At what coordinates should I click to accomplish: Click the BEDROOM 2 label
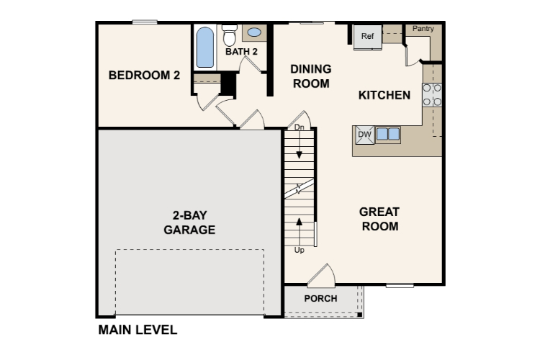pyautogui.click(x=143, y=75)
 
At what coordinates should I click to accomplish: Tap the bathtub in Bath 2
pyautogui.click(x=205, y=47)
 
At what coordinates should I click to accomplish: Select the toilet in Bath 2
pyautogui.click(x=230, y=35)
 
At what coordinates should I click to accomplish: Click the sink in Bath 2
pyautogui.click(x=254, y=32)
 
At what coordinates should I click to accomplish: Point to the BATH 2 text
pyautogui.click(x=241, y=52)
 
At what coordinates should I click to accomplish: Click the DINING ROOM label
pyautogui.click(x=311, y=76)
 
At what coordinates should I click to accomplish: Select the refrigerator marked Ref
pyautogui.click(x=367, y=37)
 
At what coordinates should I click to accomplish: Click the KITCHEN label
pyautogui.click(x=384, y=95)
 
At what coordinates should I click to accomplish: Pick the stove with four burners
pyautogui.click(x=432, y=95)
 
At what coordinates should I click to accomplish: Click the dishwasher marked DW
pyautogui.click(x=364, y=134)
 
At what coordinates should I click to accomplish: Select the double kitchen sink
pyautogui.click(x=388, y=134)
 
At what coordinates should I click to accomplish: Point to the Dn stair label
pyautogui.click(x=300, y=127)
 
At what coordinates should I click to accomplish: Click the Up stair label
pyautogui.click(x=300, y=250)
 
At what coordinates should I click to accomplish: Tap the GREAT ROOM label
pyautogui.click(x=379, y=219)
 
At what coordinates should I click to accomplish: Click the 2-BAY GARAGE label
pyautogui.click(x=189, y=222)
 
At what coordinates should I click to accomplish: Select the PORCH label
pyautogui.click(x=320, y=298)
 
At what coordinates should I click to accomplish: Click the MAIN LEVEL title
pyautogui.click(x=137, y=330)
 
